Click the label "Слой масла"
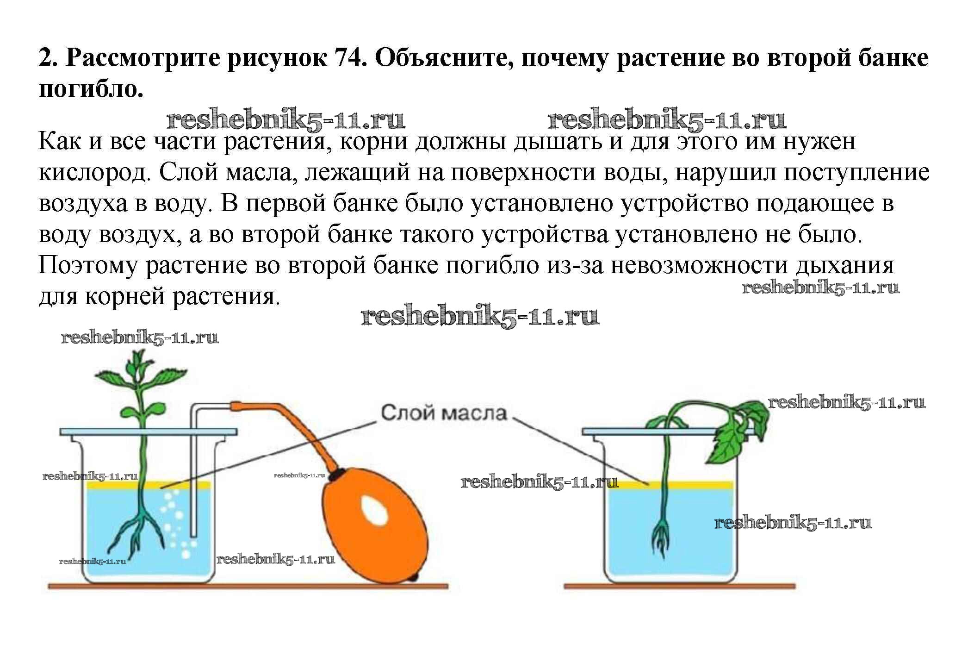click(x=444, y=412)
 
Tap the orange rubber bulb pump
click(x=375, y=526)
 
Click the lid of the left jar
click(x=149, y=431)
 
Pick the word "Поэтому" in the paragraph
click(x=88, y=265)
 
